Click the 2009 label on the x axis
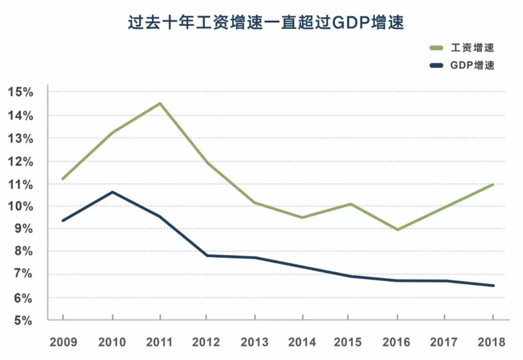63,342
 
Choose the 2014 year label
302,342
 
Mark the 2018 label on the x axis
492,342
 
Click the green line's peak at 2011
159,103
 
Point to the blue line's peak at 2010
112,192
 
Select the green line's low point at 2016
398,229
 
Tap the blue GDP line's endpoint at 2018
492,285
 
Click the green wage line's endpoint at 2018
492,185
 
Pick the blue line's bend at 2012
207,255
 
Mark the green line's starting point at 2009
63,179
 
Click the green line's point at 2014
302,218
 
